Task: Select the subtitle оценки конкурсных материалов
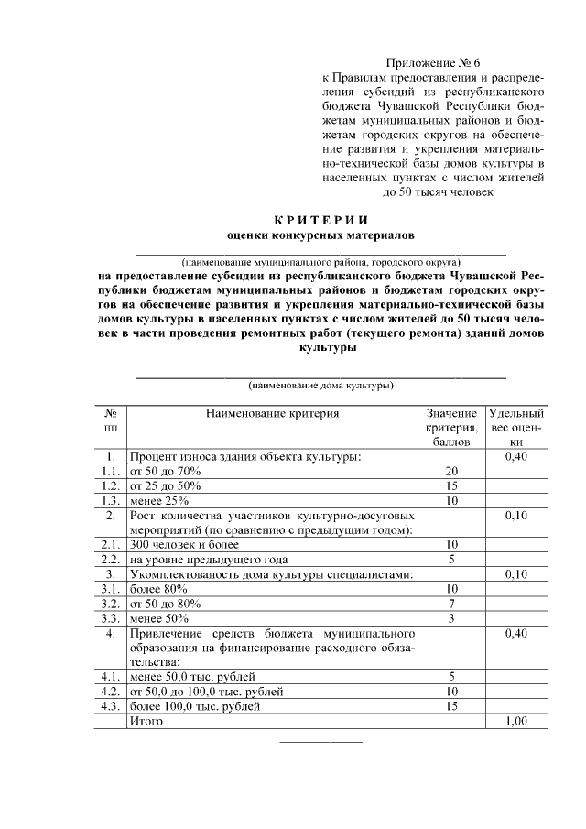(x=320, y=235)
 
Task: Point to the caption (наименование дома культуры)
(x=320, y=386)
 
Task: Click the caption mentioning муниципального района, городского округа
(x=320, y=260)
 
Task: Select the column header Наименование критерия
(x=272, y=413)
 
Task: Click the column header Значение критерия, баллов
(x=451, y=427)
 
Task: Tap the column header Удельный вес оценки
(x=516, y=427)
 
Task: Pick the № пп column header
(x=110, y=420)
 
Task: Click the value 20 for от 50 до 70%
(x=451, y=470)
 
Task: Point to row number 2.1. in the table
(x=110, y=545)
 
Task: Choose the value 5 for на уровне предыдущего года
(x=451, y=559)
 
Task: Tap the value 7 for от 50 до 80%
(x=451, y=604)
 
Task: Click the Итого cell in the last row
(x=146, y=722)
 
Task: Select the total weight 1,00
(x=516, y=722)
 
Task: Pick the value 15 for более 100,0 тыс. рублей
(x=451, y=707)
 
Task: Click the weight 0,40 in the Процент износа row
(x=516, y=455)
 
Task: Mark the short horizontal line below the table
(x=320, y=740)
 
